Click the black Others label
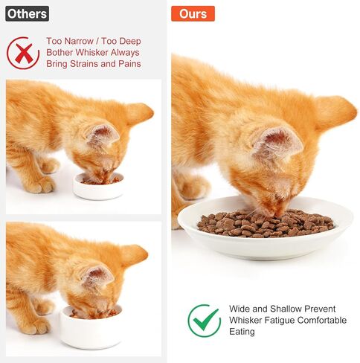coord(28,13)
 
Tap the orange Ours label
coord(193,13)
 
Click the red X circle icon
coord(23,53)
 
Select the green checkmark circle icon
coord(204,320)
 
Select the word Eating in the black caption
coord(242,332)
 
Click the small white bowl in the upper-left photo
coord(98,186)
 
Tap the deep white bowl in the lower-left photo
coord(90,327)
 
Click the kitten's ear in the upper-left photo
coord(102,135)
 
